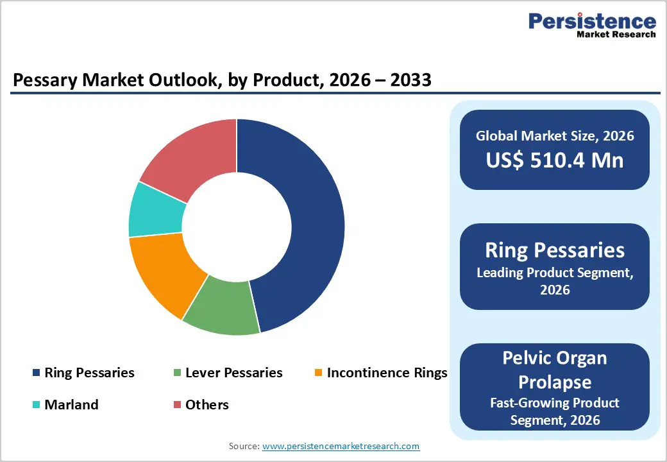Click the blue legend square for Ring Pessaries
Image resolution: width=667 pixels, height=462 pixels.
click(x=36, y=373)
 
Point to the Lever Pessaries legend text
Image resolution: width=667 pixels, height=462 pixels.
click(x=233, y=373)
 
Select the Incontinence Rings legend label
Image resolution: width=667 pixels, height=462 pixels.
click(x=387, y=373)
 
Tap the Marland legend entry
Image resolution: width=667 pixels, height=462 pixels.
click(x=71, y=405)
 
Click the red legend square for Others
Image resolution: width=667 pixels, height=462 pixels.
click(x=177, y=405)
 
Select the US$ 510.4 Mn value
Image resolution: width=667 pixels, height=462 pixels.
click(x=555, y=160)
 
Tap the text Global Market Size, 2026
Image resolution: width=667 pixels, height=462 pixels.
click(x=555, y=135)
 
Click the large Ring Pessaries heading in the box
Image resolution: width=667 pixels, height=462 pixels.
click(x=555, y=250)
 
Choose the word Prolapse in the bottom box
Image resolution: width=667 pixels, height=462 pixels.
click(x=555, y=382)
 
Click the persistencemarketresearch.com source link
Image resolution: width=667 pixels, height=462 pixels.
click(x=341, y=446)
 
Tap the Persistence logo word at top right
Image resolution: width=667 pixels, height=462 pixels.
click(x=592, y=21)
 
